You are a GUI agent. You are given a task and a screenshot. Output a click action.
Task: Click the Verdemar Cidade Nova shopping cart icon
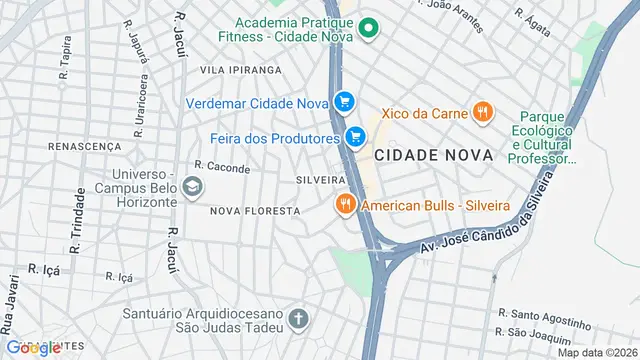(345, 101)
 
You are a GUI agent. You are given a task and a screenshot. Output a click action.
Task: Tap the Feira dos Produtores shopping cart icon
(355, 136)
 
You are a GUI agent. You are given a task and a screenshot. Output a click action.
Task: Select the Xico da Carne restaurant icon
(483, 112)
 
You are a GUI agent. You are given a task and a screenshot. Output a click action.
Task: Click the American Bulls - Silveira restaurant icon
(346, 204)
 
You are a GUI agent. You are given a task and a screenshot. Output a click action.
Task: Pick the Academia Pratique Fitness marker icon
(368, 28)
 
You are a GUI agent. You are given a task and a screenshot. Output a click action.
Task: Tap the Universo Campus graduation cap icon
(192, 186)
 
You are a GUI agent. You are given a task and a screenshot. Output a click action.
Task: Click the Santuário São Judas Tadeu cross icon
(297, 320)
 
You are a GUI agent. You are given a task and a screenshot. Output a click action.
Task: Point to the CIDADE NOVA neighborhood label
(434, 156)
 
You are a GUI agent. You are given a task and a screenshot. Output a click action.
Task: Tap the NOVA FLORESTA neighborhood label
(255, 211)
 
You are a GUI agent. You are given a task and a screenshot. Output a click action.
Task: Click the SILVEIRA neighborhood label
(320, 179)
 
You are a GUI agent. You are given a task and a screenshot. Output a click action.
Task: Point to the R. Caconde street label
(222, 167)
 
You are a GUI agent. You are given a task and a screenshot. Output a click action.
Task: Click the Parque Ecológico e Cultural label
(541, 137)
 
